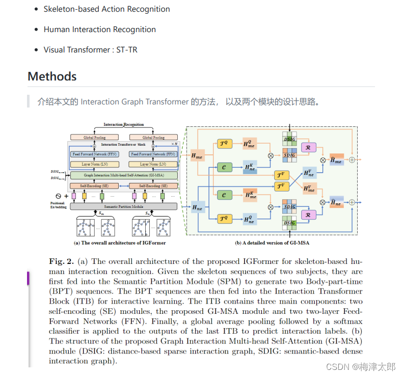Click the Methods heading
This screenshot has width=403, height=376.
click(x=52, y=76)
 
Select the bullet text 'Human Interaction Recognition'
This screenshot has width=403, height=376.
click(x=99, y=30)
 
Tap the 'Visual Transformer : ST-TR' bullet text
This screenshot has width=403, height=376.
click(x=90, y=50)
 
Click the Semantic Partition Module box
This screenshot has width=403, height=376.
click(x=123, y=206)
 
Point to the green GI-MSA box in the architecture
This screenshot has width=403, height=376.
click(x=123, y=175)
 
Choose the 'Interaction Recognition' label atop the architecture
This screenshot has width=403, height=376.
click(x=123, y=124)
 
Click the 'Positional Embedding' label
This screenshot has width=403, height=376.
click(x=58, y=204)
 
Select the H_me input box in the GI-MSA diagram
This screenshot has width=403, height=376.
click(x=197, y=156)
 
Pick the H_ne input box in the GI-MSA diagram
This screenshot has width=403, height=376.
click(x=197, y=207)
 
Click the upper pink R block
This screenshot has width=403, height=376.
click(x=308, y=147)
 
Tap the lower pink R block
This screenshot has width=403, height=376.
click(x=308, y=215)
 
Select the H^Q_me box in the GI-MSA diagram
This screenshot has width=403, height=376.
click(x=250, y=145)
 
